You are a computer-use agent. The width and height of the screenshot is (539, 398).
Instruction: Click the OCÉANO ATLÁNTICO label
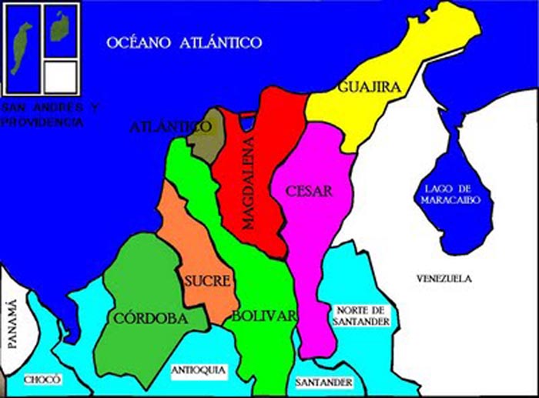point(184,42)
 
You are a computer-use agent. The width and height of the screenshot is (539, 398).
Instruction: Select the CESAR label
point(309,192)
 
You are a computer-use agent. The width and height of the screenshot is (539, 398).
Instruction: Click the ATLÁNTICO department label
point(172,126)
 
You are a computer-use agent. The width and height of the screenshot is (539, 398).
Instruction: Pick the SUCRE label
point(207,281)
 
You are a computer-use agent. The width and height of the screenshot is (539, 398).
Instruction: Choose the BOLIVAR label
point(264,316)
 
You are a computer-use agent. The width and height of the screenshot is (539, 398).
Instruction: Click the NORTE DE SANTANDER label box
point(363,316)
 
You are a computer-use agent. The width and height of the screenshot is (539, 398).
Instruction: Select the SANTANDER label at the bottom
point(324,382)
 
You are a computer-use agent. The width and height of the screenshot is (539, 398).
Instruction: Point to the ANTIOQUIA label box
point(198,370)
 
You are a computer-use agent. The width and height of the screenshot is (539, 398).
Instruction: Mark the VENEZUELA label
point(443,278)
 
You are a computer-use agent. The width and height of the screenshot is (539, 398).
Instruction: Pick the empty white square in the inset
point(60,77)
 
